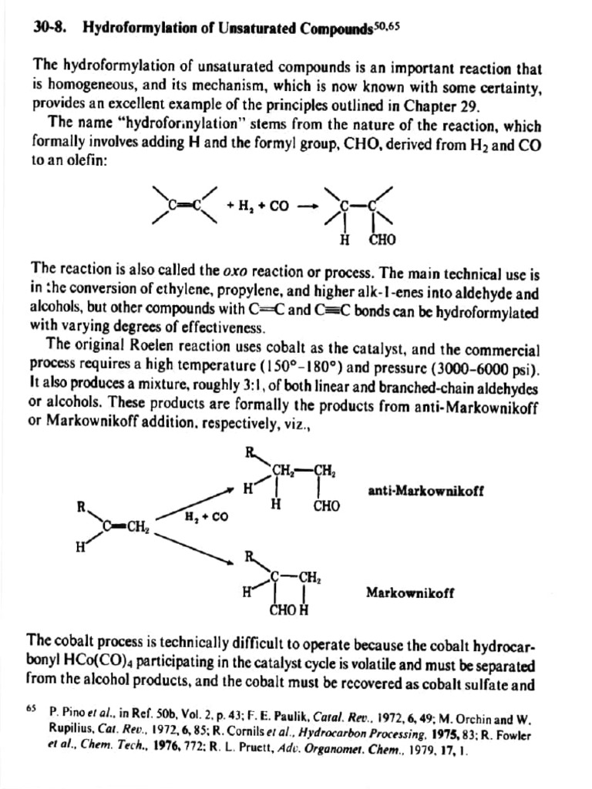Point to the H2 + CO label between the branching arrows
205,516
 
